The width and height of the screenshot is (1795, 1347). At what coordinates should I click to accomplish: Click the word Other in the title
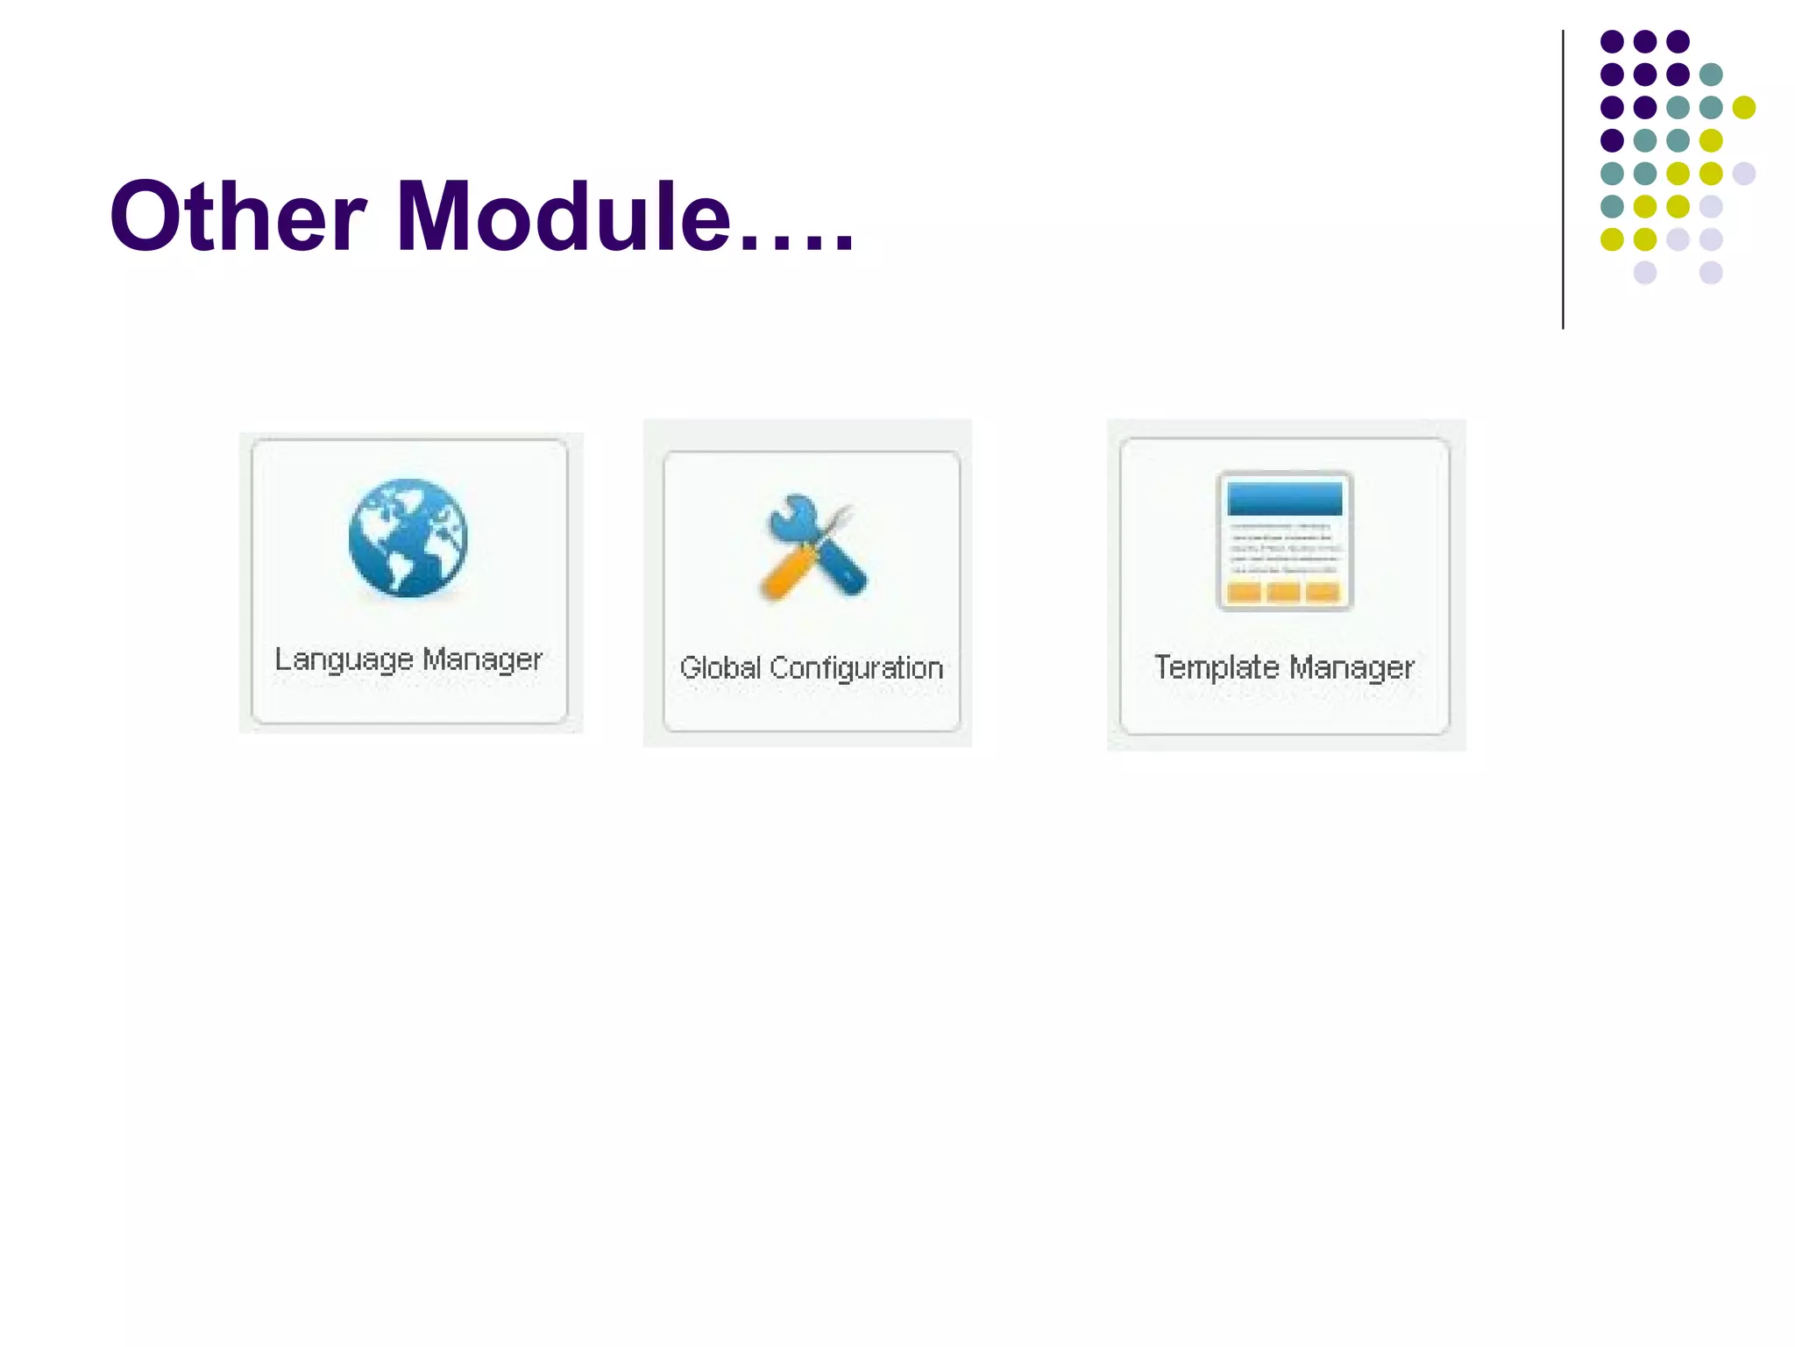point(237,217)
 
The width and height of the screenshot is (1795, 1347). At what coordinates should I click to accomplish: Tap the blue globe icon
point(408,538)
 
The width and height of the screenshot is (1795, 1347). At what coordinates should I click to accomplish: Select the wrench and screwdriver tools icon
point(812,550)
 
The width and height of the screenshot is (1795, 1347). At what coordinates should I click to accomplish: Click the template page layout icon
point(1285,541)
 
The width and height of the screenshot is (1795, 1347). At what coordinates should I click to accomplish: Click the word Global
point(720,668)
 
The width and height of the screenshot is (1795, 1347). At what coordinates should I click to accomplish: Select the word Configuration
point(856,668)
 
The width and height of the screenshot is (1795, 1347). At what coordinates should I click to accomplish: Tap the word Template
point(1217,668)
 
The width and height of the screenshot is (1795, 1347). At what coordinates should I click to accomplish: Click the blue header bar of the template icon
point(1285,498)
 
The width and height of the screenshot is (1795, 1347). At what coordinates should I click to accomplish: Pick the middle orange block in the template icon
point(1284,593)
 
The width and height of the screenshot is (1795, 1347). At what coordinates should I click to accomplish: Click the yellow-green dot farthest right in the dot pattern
point(1744,107)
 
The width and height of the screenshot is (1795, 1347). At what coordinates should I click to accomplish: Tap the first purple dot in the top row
point(1612,41)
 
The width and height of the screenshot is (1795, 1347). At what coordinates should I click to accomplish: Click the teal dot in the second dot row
point(1711,75)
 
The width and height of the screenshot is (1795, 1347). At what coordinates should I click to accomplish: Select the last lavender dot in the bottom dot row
point(1711,273)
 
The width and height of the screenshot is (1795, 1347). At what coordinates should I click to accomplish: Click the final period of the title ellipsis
point(843,246)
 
